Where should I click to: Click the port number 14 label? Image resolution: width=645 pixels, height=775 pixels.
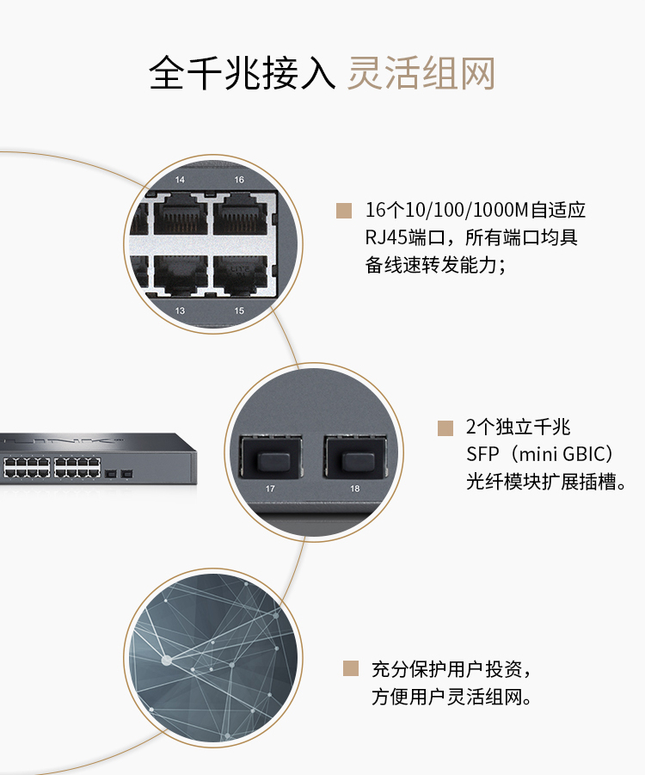[180, 180]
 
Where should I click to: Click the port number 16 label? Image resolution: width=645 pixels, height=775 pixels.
[239, 180]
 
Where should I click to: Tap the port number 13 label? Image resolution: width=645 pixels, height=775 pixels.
[180, 310]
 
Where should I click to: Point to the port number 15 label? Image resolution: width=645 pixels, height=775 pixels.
[239, 310]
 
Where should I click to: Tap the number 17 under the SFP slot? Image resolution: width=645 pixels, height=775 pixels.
[271, 489]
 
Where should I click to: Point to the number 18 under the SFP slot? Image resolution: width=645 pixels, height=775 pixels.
[355, 489]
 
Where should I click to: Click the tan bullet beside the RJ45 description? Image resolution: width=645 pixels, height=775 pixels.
[344, 211]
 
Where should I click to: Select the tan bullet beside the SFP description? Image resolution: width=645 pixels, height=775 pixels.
[445, 427]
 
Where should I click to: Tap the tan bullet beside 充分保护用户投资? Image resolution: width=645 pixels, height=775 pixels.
[350, 668]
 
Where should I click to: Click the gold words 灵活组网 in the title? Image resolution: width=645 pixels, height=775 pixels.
[421, 73]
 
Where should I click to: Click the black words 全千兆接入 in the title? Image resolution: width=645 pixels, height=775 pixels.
[242, 73]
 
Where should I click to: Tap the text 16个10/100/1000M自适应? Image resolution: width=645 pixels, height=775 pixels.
[475, 210]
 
